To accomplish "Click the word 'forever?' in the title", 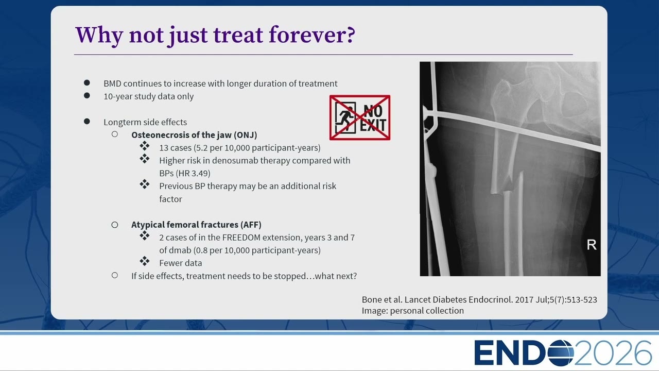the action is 312,35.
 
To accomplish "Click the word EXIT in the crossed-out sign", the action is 373,125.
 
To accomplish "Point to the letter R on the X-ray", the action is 592,245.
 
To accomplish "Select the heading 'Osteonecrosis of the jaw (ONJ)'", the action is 194,135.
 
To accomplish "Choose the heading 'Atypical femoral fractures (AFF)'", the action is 196,225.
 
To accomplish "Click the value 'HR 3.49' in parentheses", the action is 194,173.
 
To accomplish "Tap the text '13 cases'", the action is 176,147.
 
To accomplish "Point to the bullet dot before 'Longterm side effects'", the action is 87,121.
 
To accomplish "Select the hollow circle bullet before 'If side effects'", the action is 115,275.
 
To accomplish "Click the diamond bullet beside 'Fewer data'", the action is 145,261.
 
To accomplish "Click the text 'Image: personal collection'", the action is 413,311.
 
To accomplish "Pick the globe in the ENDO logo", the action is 561,353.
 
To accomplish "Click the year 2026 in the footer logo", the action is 613,353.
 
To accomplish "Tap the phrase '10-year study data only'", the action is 149,96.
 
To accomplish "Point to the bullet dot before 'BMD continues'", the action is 87,82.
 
